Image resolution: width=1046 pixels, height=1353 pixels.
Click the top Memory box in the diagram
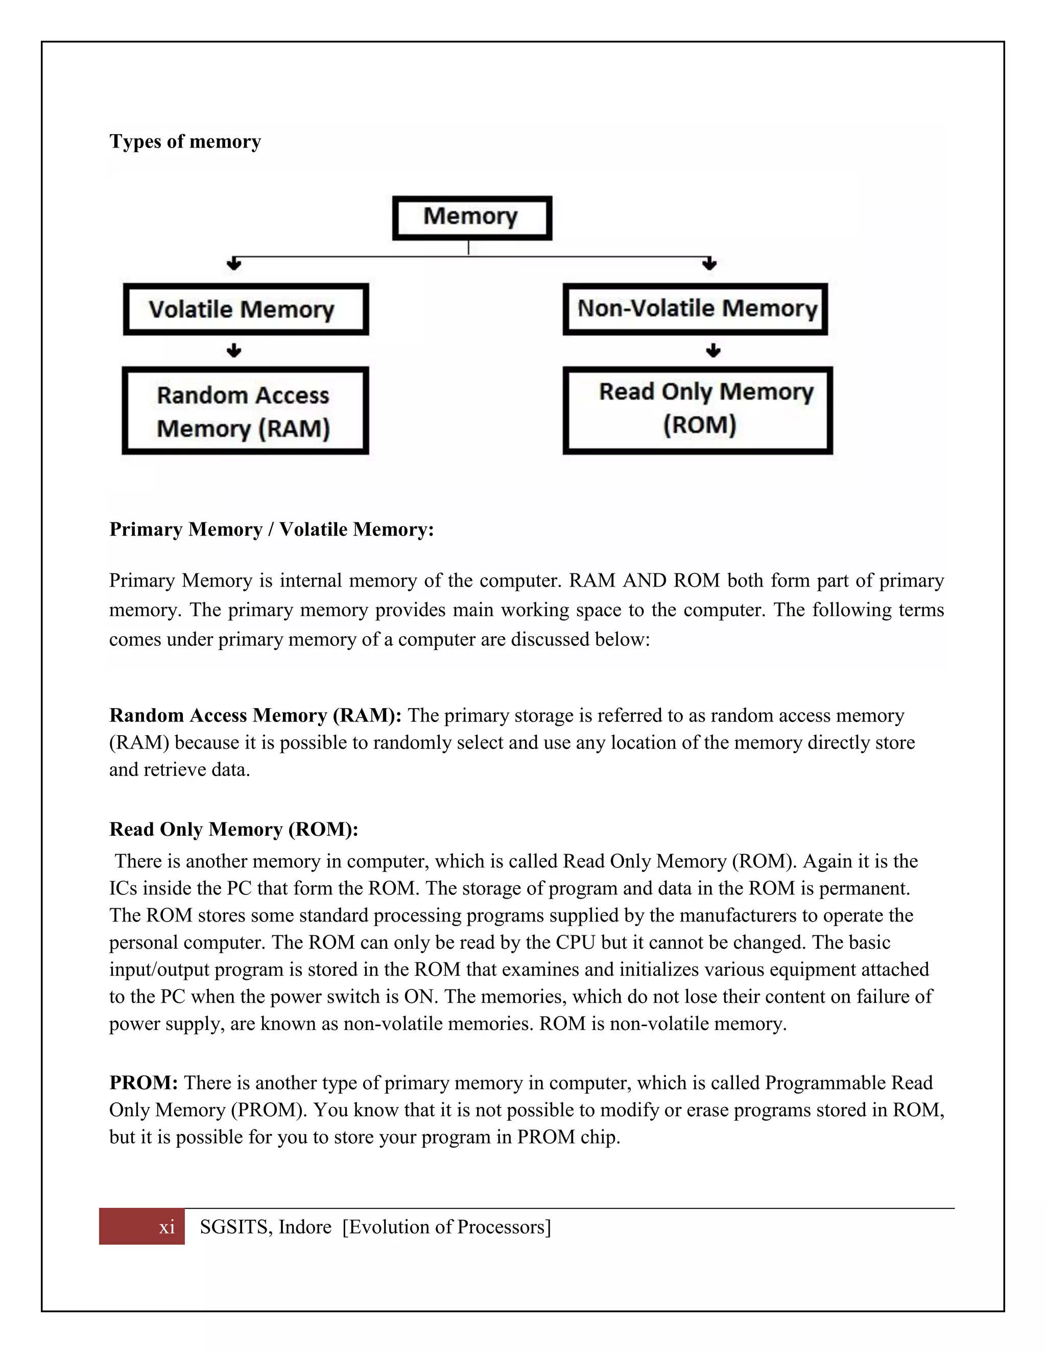pos(471,218)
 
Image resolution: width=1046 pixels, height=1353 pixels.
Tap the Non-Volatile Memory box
pos(695,308)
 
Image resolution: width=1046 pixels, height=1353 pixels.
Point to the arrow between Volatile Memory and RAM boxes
pos(233,351)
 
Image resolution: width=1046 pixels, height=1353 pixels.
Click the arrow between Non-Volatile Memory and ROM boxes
pos(713,351)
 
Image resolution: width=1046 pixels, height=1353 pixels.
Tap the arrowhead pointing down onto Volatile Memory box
pos(233,264)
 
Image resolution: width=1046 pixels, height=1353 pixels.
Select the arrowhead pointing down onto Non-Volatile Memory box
pos(709,264)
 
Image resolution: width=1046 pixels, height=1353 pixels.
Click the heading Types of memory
pos(185,141)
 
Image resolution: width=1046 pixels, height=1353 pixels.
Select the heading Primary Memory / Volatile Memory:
pos(271,529)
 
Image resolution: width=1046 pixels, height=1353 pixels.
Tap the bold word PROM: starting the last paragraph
pos(144,1082)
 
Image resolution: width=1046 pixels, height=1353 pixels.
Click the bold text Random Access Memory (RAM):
pos(255,715)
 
